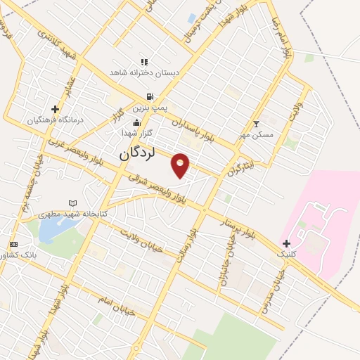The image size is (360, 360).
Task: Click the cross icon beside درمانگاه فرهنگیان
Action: click(55, 109)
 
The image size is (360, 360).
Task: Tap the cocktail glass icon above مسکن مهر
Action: click(256, 124)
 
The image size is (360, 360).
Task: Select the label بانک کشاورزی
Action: click(33, 255)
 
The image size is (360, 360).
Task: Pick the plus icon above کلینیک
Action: click(287, 243)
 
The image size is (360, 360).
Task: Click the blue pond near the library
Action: click(51, 231)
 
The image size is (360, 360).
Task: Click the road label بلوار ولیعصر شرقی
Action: click(162, 190)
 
